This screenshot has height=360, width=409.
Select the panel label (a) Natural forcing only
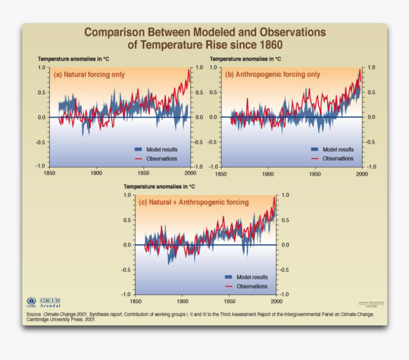click(x=89, y=75)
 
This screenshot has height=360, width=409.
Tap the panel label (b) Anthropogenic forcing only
click(x=272, y=75)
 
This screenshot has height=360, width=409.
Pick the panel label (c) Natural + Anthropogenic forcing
click(x=193, y=202)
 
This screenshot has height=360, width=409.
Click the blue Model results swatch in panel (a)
click(x=138, y=149)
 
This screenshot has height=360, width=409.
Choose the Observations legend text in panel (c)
click(x=252, y=286)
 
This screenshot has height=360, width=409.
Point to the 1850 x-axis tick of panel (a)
click(x=49, y=174)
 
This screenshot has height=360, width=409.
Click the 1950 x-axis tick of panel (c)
click(x=230, y=302)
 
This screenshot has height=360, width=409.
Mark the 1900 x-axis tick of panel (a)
click(x=96, y=174)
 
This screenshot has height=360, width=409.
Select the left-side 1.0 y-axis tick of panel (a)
click(x=41, y=68)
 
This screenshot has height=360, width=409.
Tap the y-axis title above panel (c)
click(x=159, y=187)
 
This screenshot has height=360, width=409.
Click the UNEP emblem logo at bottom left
click(x=31, y=302)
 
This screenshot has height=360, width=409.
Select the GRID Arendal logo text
click(x=50, y=302)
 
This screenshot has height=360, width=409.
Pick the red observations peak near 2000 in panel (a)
click(x=188, y=70)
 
